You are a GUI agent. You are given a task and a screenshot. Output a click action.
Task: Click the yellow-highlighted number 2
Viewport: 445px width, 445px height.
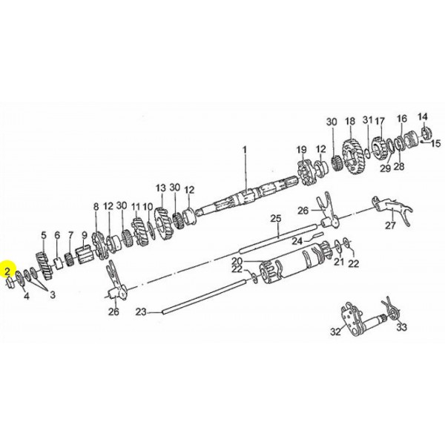(x=7, y=271)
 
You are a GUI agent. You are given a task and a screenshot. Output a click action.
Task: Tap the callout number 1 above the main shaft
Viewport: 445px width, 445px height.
(x=245, y=150)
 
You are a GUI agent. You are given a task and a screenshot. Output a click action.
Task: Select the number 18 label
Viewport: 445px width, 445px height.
(x=350, y=121)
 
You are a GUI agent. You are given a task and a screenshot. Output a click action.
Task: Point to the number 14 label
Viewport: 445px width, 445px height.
(x=422, y=116)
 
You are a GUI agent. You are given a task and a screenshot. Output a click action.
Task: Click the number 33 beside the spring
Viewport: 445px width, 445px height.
(x=401, y=327)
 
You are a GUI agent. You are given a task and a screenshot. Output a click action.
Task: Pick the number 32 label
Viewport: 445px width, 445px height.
(x=335, y=332)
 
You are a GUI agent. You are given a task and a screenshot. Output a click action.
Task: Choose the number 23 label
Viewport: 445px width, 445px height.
(x=141, y=312)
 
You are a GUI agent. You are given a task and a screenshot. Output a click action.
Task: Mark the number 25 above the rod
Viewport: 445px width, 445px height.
(x=276, y=218)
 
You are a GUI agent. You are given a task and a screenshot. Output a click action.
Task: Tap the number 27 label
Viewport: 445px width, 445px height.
(x=390, y=225)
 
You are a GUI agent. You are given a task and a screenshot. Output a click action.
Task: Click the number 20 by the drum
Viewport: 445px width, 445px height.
(x=237, y=261)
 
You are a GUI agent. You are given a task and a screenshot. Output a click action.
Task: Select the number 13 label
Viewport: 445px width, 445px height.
(x=160, y=188)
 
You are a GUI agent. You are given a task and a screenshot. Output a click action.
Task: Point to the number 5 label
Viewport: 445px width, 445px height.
(x=44, y=235)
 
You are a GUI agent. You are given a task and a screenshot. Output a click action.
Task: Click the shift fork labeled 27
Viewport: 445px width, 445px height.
(x=393, y=209)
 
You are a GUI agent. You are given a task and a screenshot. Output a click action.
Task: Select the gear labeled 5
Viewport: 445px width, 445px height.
(x=44, y=266)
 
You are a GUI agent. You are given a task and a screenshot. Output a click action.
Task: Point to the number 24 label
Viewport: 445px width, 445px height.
(x=297, y=241)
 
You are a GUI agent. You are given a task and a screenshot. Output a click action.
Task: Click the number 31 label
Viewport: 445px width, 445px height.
(x=367, y=120)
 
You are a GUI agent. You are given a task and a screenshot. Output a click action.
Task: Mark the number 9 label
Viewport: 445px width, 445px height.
(x=85, y=235)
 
